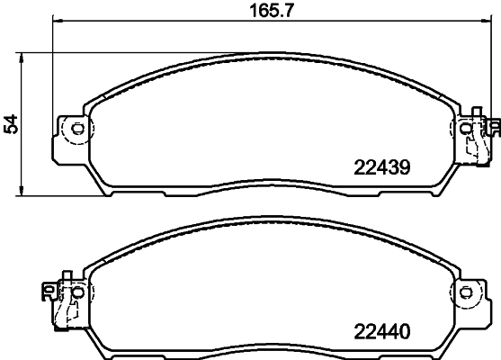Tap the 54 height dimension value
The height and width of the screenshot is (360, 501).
[11, 124]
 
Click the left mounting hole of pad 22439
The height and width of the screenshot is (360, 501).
[77, 128]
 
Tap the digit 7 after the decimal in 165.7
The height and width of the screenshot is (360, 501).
[291, 12]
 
